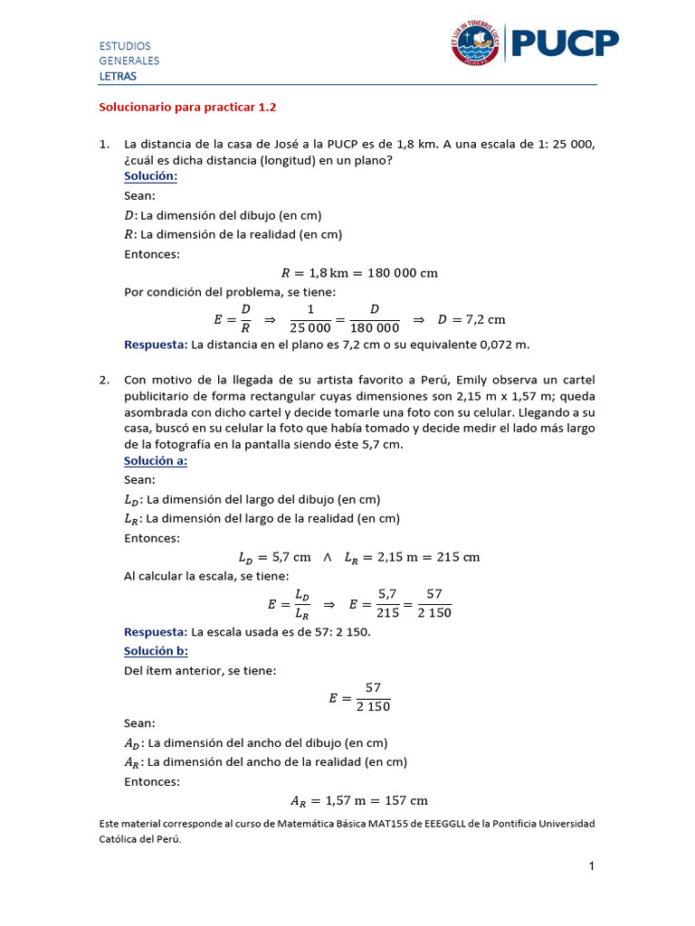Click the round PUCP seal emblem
pos(475,43)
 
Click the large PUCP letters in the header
pos(566,43)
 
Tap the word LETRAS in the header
pos(118,76)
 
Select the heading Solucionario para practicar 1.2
pos(187,107)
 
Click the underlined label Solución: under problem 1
pos(150,175)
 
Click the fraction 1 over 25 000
pos(310,319)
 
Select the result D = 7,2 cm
pos(471,319)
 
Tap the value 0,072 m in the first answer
pos(501,345)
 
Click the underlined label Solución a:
pos(156,461)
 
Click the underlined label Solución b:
pos(156,650)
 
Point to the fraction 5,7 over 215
pos(388,603)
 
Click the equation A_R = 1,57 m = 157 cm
pos(359,800)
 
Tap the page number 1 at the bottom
pos(591,867)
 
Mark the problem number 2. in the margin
pos(104,380)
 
